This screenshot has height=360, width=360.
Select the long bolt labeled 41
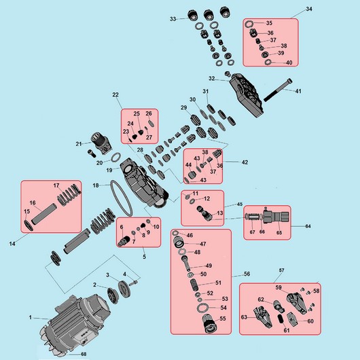click(x=278, y=90)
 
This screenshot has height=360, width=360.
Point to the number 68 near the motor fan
click(x=84, y=354)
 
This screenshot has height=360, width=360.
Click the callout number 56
click(x=247, y=274)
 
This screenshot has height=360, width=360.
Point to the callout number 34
click(x=309, y=9)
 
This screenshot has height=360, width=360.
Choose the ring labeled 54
click(x=202, y=308)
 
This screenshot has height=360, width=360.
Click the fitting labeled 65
click(x=276, y=217)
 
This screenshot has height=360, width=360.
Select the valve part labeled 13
click(x=203, y=213)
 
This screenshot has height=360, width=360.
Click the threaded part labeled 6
click(x=124, y=242)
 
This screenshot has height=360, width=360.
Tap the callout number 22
click(x=115, y=94)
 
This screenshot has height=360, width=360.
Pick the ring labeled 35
click(x=249, y=23)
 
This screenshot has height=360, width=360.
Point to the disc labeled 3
click(x=124, y=289)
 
